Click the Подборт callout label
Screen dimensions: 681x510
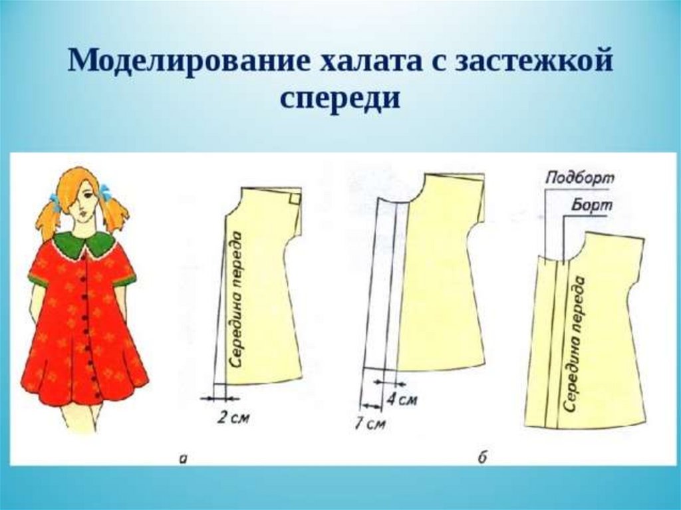click(579, 178)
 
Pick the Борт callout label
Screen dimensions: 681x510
click(591, 206)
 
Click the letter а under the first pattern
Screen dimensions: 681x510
click(184, 457)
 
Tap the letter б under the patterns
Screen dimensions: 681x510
click(483, 456)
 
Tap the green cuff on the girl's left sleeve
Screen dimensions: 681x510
click(124, 279)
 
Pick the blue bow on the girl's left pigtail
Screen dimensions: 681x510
click(105, 193)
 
